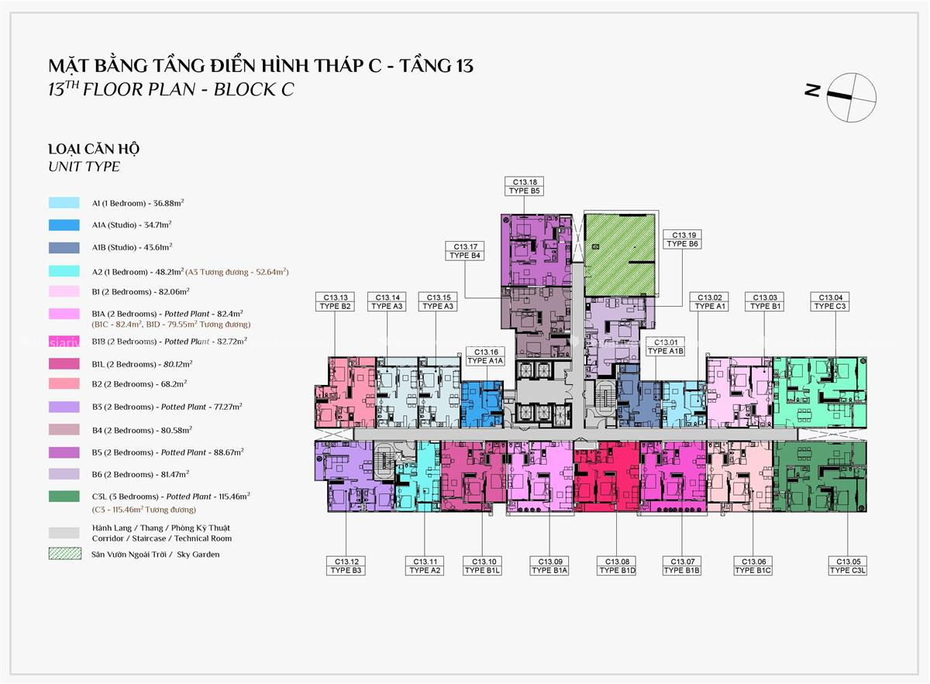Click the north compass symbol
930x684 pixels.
pyautogui.click(x=851, y=96)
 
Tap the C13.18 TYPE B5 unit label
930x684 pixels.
pyautogui.click(x=525, y=186)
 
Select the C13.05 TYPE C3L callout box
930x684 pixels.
pyautogui.click(x=849, y=565)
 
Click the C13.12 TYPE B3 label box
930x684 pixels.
pyautogui.click(x=346, y=565)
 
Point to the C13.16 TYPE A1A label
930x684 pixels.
pyautogui.click(x=486, y=356)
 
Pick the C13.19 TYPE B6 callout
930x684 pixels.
pyautogui.click(x=683, y=239)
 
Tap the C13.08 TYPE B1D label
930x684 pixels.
pyautogui.click(x=618, y=565)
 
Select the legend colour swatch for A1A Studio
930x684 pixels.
pyautogui.click(x=64, y=225)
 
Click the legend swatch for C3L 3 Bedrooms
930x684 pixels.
pyautogui.click(x=64, y=496)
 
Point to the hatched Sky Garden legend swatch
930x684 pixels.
pyautogui.click(x=64, y=555)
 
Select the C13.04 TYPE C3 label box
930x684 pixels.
pyautogui.click(x=830, y=301)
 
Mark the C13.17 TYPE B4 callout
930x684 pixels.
pyautogui.click(x=465, y=250)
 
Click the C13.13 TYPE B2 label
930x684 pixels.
pyautogui.click(x=335, y=301)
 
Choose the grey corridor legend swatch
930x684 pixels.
pyautogui.click(x=64, y=533)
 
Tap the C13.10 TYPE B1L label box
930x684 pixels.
pyautogui.click(x=483, y=565)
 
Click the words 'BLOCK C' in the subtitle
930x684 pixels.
pyautogui.click(x=254, y=89)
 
